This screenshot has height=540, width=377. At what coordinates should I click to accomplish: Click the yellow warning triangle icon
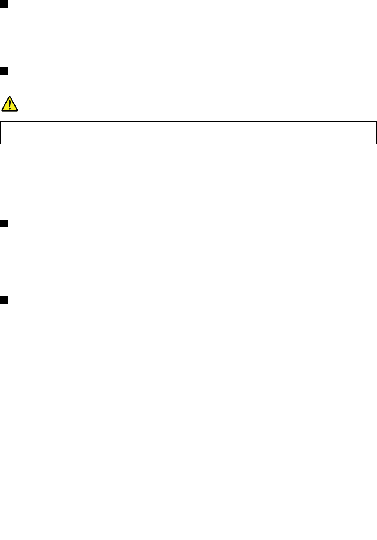tap(10, 104)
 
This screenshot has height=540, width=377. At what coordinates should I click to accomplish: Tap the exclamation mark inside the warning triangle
tap(10, 105)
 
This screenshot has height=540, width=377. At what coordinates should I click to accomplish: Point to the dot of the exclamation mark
tap(10, 109)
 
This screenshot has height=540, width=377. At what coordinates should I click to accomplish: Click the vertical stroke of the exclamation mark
tap(10, 103)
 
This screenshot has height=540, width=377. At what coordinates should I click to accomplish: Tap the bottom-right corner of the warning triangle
tap(17, 110)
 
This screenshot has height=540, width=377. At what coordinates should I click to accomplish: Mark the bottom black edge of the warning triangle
tap(10, 111)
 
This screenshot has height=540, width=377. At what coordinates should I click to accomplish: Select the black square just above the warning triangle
tap(4, 71)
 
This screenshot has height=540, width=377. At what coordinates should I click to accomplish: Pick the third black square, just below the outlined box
tap(4, 223)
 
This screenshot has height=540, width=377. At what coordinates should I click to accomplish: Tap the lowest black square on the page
tap(4, 300)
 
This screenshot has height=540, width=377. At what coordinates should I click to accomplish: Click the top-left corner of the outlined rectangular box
tap(1, 121)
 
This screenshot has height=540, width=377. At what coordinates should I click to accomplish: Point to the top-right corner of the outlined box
tap(376, 121)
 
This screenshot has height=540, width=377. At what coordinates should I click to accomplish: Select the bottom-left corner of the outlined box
tap(1, 144)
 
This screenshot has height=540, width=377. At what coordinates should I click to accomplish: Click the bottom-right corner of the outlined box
tap(376, 144)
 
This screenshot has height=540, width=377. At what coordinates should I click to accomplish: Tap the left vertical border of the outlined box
tap(1, 133)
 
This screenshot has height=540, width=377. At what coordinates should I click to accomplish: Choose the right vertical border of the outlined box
tap(376, 133)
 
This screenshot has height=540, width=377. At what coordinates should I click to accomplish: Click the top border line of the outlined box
tap(188, 121)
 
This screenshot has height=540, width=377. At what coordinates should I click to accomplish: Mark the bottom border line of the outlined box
tap(188, 144)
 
